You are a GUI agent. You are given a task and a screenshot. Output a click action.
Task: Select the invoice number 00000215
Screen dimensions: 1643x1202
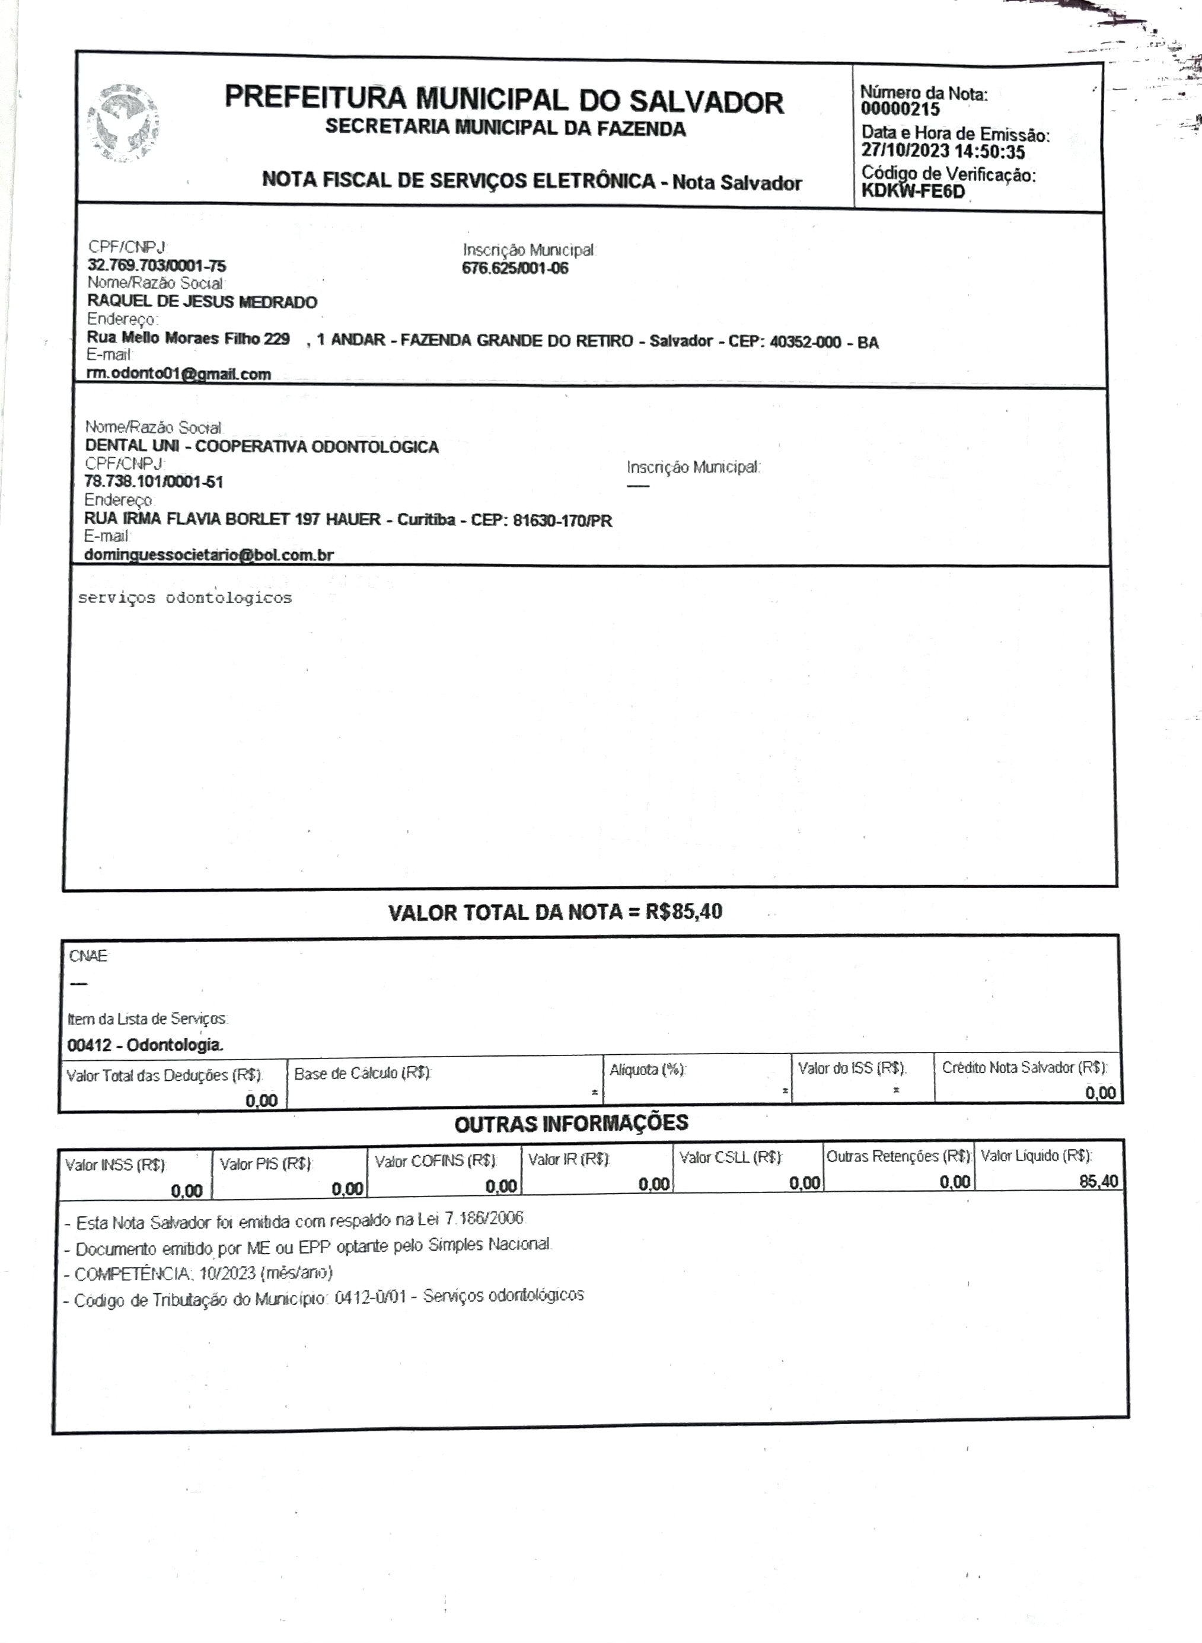900,110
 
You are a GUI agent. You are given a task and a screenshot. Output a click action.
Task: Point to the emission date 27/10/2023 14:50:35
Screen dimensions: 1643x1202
943,152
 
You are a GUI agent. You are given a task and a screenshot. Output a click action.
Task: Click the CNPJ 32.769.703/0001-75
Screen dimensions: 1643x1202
157,266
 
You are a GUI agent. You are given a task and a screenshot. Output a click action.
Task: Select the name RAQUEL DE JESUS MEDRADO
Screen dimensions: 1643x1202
202,302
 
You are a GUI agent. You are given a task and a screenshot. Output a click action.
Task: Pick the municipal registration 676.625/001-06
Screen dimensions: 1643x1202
515,269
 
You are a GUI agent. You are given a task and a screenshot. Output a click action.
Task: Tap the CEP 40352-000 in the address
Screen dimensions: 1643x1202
805,342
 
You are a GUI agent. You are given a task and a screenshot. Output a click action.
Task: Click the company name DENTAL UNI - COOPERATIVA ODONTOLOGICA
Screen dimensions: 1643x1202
262,446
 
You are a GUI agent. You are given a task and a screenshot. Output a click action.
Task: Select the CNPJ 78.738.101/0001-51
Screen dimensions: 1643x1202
154,481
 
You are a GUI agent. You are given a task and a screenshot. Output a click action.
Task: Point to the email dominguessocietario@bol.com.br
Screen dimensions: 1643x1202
209,555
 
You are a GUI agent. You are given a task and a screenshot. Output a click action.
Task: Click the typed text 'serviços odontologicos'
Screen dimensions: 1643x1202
185,598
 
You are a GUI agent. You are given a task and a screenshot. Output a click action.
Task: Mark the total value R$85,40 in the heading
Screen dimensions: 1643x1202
683,912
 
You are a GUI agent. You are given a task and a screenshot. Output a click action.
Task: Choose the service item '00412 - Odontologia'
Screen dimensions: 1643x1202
145,1045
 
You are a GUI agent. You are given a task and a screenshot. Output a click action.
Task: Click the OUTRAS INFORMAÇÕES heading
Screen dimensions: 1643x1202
571,1124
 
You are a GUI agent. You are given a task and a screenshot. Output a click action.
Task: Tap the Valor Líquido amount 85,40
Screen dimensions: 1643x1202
1099,1182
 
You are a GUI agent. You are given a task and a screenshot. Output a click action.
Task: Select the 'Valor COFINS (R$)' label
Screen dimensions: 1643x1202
435,1162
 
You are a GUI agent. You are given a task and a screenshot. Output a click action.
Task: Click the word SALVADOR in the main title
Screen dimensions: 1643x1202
706,103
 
